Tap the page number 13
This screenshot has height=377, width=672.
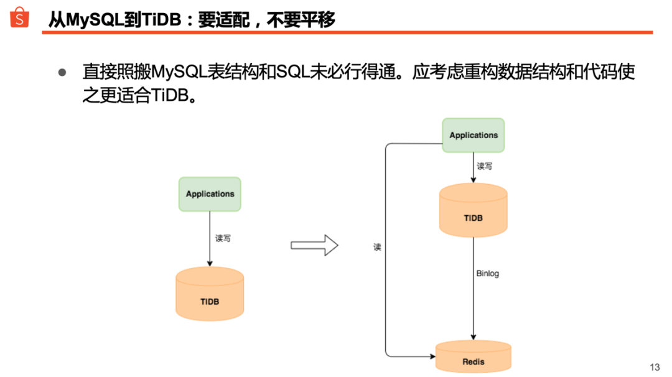click(x=654, y=367)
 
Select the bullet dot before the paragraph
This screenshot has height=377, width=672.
click(x=62, y=72)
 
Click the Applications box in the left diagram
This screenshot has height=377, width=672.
click(x=210, y=194)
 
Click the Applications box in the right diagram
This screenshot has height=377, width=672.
click(x=474, y=136)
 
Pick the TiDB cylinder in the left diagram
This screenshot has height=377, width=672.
click(x=210, y=295)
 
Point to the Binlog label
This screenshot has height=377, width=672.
click(x=487, y=273)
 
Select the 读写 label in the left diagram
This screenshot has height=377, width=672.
click(x=223, y=238)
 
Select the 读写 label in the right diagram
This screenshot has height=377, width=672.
click(x=485, y=166)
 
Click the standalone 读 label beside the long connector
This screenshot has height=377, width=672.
click(x=377, y=247)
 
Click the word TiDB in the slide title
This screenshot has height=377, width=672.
click(x=162, y=20)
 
